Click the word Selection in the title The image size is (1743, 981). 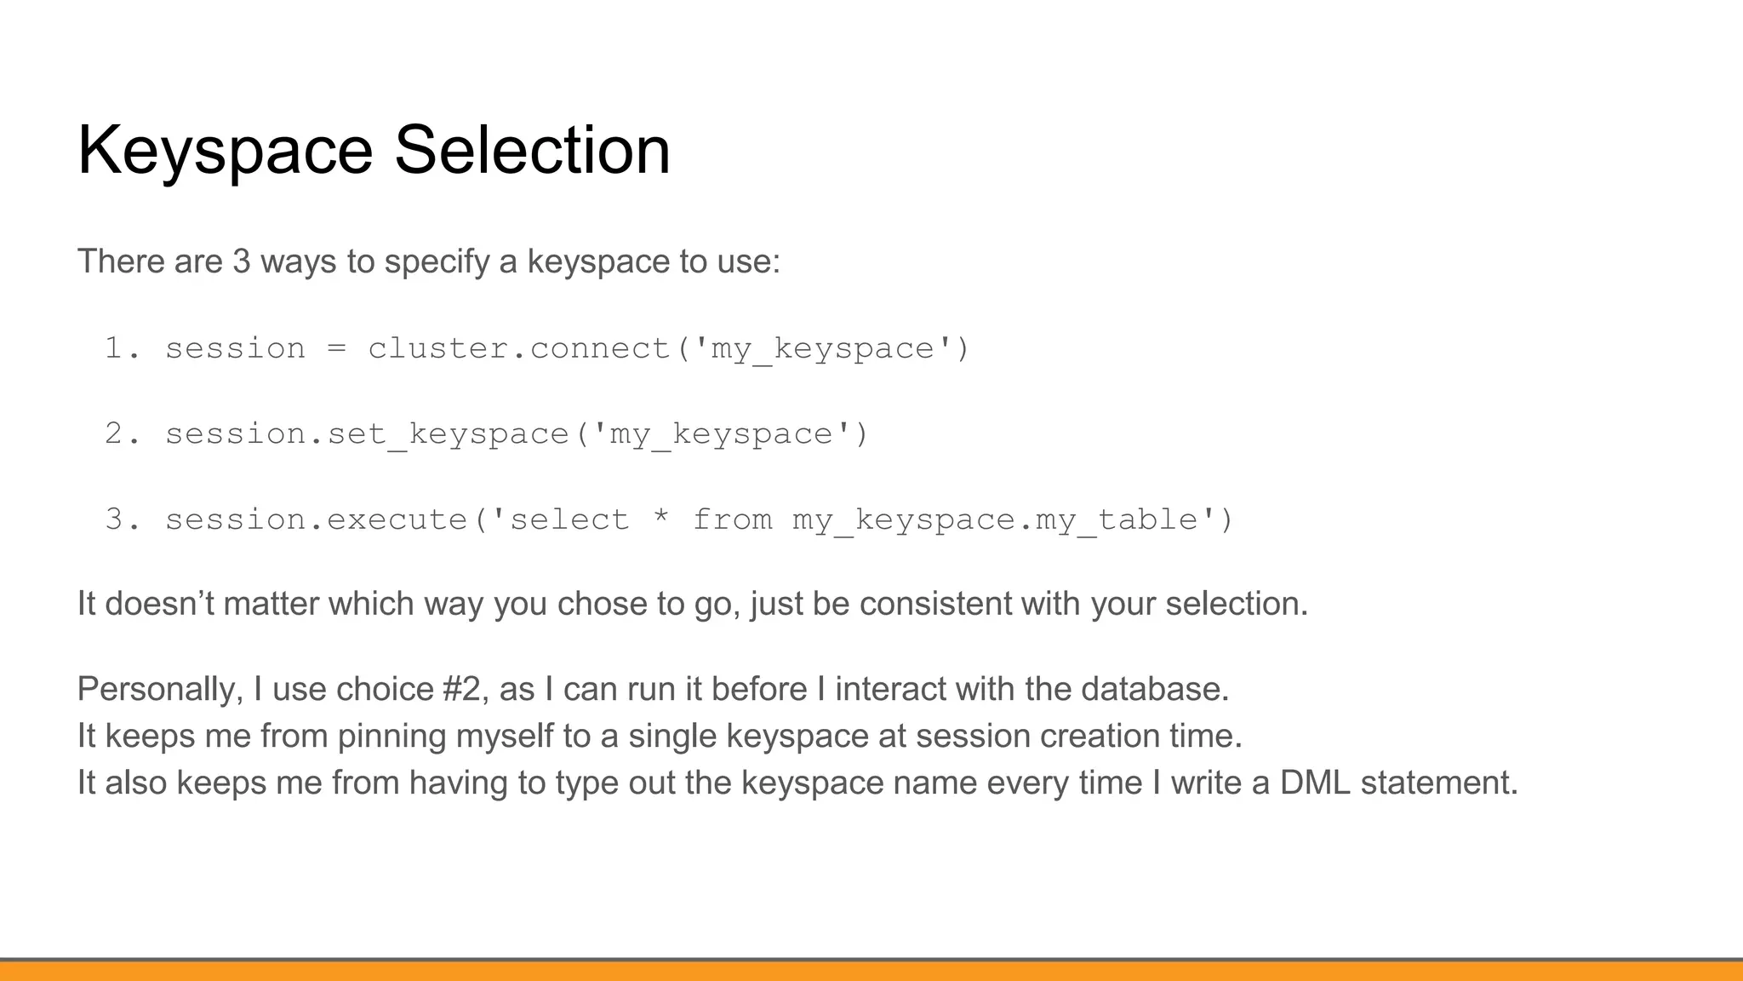pos(532,150)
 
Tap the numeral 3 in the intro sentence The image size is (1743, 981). pos(242,261)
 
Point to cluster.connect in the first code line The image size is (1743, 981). pos(518,348)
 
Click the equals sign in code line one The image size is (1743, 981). pos(336,349)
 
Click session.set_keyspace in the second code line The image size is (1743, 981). pos(366,434)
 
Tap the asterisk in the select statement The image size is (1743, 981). pos(660,519)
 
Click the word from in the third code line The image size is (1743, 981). pos(732,519)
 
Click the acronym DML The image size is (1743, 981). pos(1314,783)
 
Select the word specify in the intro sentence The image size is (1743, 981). pos(437,262)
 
